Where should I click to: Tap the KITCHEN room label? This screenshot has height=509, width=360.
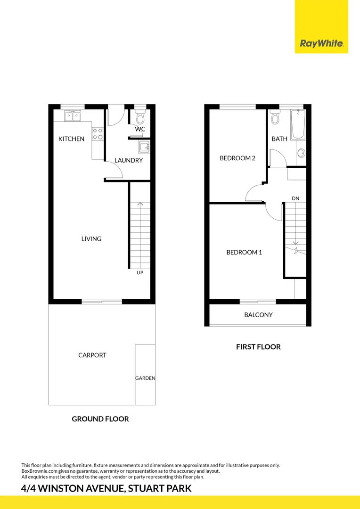click(x=71, y=139)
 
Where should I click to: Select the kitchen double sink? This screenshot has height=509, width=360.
click(x=73, y=115)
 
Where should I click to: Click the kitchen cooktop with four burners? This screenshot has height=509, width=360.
click(x=98, y=134)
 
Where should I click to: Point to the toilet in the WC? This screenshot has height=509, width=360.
click(x=140, y=117)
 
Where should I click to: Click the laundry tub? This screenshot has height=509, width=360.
click(x=144, y=147)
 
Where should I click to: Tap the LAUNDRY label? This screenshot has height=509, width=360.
click(x=128, y=160)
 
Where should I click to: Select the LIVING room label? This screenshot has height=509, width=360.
click(x=91, y=239)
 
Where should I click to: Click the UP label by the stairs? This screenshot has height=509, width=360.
click(x=140, y=273)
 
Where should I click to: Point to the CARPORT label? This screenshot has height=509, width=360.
click(x=92, y=355)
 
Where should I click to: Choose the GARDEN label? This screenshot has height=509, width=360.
click(x=145, y=378)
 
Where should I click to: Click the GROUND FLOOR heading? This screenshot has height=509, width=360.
click(x=100, y=419)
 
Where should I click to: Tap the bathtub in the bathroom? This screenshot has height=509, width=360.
click(x=297, y=124)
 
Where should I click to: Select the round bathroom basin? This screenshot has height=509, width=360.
click(x=301, y=153)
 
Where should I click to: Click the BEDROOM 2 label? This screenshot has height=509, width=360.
click(x=237, y=158)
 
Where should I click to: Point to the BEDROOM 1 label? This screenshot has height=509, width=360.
click(x=244, y=253)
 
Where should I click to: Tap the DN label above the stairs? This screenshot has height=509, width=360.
click(x=295, y=198)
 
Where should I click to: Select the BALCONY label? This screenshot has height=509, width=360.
click(x=258, y=315)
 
